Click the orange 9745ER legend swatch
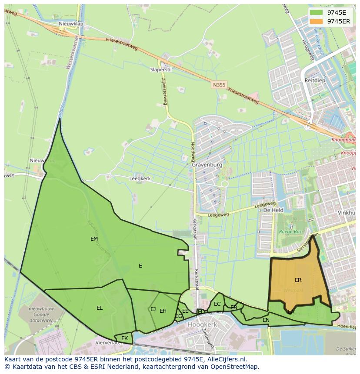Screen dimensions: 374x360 tap(317, 21)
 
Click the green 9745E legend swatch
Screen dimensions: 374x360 tap(317, 13)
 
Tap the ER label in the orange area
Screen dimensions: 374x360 tap(298, 280)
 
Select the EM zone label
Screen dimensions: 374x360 tap(94, 239)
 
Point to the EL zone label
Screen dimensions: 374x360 tap(100, 308)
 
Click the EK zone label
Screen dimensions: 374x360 tap(125, 338)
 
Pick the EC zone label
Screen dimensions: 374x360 tap(217, 304)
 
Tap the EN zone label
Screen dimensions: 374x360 tap(266, 320)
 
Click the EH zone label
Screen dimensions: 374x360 tap(163, 311)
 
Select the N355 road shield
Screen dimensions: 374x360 tap(219, 85)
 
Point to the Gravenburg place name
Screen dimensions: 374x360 tap(207, 165)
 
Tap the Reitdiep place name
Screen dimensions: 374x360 tap(315, 80)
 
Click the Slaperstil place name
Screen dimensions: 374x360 tap(161, 70)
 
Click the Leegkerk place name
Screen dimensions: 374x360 tap(140, 179)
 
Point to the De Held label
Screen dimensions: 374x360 tap(273, 210)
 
